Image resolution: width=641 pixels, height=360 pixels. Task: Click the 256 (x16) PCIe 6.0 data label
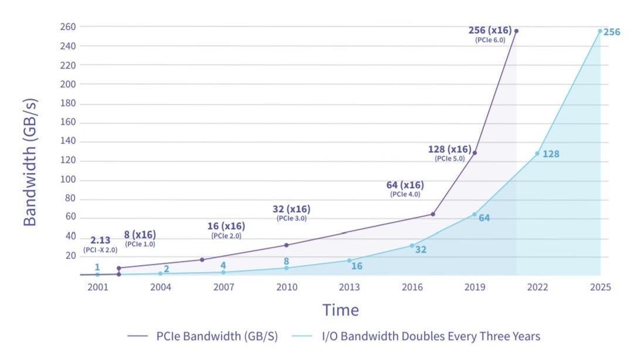click(490, 33)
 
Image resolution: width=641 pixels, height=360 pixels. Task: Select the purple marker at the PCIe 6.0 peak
click(516, 31)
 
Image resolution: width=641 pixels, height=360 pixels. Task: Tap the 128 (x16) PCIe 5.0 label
click(450, 152)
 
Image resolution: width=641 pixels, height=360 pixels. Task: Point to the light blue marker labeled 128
click(537, 154)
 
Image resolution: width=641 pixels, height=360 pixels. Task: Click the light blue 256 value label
click(612, 32)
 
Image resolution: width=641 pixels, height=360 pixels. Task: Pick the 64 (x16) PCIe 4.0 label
click(405, 188)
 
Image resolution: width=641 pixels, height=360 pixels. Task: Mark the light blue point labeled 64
click(474, 215)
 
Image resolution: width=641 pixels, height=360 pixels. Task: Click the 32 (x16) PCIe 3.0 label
click(291, 212)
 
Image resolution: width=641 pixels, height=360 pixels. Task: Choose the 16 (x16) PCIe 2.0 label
click(226, 230)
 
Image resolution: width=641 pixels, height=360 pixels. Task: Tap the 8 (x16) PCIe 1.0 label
click(140, 238)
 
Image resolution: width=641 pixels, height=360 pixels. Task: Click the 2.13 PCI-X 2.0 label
click(100, 244)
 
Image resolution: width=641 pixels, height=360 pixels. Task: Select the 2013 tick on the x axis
click(349, 287)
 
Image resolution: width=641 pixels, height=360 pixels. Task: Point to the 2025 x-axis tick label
click(600, 287)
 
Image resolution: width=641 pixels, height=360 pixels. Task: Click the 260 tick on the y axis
click(67, 27)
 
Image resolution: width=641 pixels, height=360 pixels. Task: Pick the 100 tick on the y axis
click(67, 179)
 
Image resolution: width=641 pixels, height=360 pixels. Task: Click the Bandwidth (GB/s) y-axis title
click(30, 162)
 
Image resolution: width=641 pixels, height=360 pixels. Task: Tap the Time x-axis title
click(340, 310)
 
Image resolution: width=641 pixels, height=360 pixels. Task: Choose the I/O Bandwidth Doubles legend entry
click(431, 337)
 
